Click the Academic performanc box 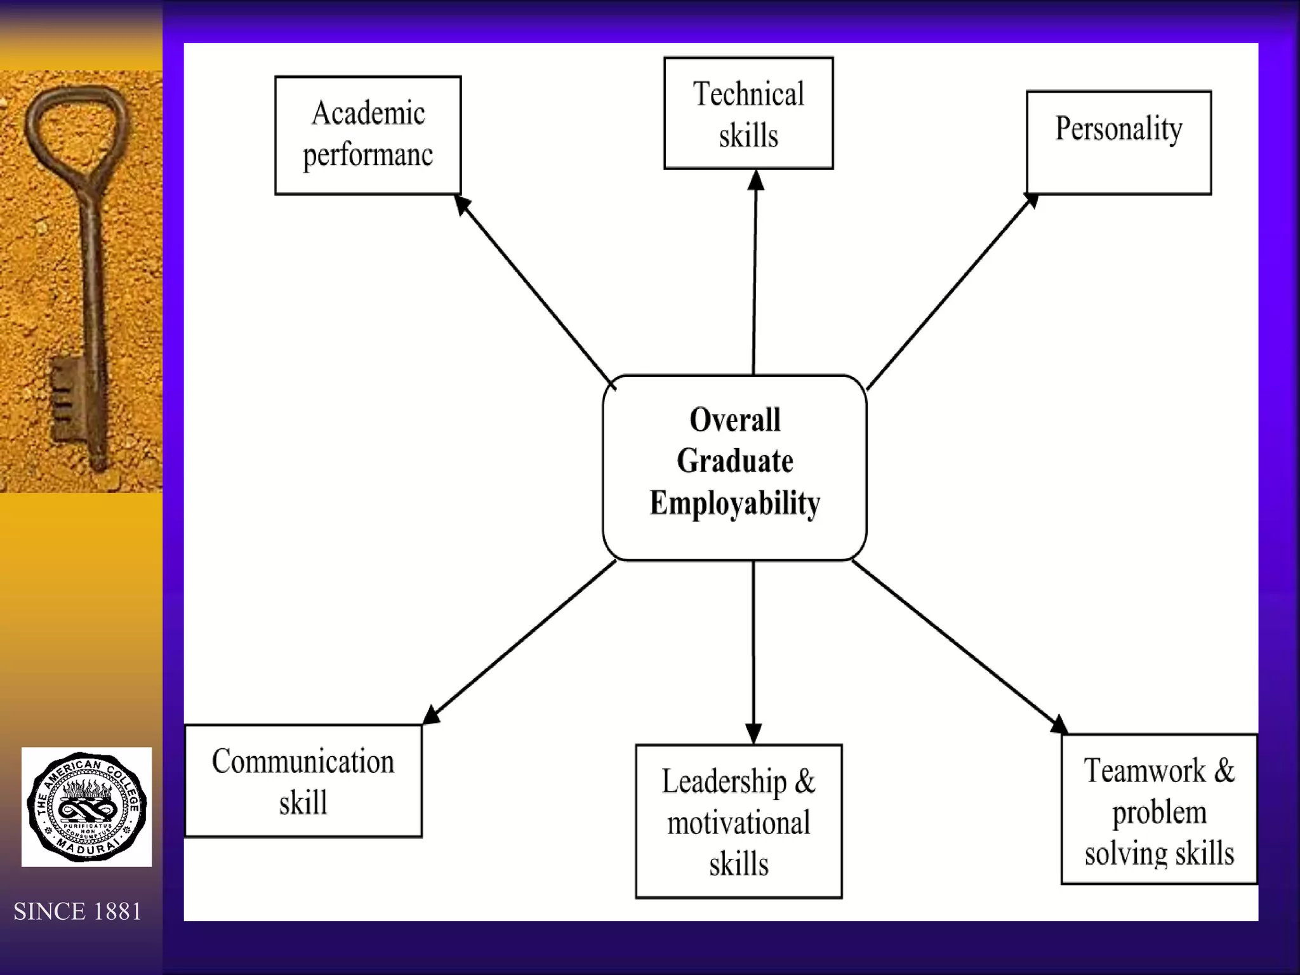point(368,135)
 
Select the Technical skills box point(748,114)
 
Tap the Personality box point(1118,142)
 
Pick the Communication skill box point(303,781)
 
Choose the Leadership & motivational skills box point(739,821)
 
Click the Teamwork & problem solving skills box point(1159,809)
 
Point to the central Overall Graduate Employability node point(734,468)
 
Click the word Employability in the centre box point(735,503)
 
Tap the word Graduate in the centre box point(735,461)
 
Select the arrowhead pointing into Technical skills point(755,180)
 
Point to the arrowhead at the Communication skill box point(431,715)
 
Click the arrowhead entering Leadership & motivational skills point(753,734)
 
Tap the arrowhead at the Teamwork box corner point(1059,726)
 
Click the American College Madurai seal point(87,807)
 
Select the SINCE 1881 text point(77,912)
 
